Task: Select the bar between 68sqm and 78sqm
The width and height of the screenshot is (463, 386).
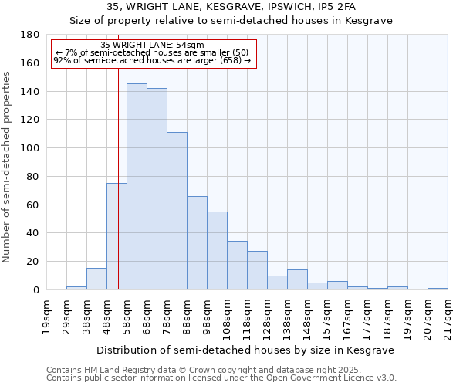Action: point(157,189)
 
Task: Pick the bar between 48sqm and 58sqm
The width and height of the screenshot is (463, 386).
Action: point(117,236)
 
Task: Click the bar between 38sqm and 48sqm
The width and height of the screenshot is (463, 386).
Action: point(96,279)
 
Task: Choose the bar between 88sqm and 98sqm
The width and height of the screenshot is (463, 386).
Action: point(197,243)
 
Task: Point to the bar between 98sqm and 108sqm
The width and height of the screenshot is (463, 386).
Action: point(217,251)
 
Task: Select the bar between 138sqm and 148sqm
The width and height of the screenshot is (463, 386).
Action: point(297,279)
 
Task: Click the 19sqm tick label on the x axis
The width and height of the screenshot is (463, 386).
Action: point(47,317)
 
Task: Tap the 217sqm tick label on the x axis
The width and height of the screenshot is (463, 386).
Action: point(448,317)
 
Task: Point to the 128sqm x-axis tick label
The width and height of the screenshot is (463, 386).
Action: point(268,317)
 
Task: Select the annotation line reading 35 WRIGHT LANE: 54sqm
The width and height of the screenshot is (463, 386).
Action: point(153,46)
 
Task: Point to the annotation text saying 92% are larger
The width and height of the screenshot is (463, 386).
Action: point(153,60)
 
